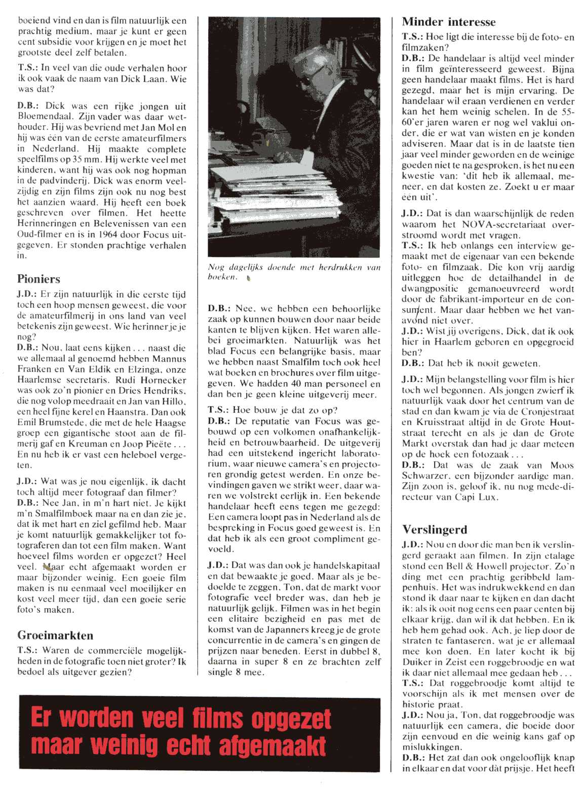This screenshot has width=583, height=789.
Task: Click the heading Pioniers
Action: pos(38,279)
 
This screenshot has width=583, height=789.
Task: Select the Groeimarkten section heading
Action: pos(55,635)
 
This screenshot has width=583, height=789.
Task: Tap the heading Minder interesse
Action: pos(449,22)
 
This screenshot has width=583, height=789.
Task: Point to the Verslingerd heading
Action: pos(435,530)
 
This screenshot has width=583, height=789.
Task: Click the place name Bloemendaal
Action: pos(42,117)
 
